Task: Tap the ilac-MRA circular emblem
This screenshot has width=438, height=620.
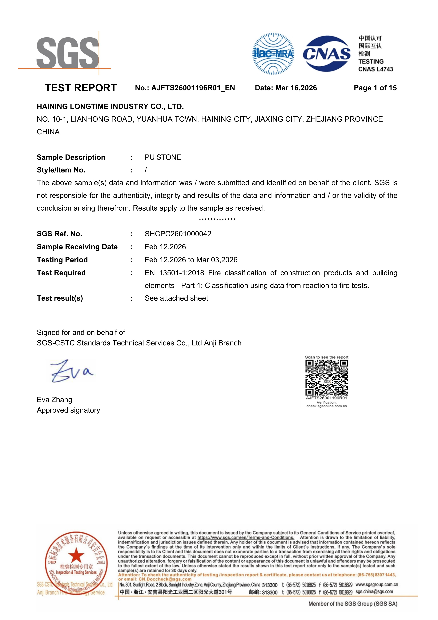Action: click(x=273, y=54)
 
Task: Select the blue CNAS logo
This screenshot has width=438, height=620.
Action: click(x=327, y=54)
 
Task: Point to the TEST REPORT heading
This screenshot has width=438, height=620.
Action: click(x=81, y=88)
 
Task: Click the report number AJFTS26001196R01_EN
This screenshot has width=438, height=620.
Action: click(x=193, y=88)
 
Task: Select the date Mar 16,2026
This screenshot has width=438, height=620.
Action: click(x=296, y=88)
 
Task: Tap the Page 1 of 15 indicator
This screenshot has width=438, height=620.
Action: click(x=375, y=88)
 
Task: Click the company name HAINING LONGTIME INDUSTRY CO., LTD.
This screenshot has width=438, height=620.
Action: click(x=110, y=107)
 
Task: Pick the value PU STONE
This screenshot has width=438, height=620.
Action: click(x=163, y=157)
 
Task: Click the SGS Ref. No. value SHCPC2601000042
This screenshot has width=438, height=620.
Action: click(x=178, y=234)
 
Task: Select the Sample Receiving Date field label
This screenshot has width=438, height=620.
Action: click(x=77, y=247)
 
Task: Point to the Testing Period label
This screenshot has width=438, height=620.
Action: click(x=62, y=260)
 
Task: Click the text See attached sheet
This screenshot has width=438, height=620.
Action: click(x=176, y=298)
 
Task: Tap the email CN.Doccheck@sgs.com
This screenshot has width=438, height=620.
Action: click(x=165, y=579)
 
